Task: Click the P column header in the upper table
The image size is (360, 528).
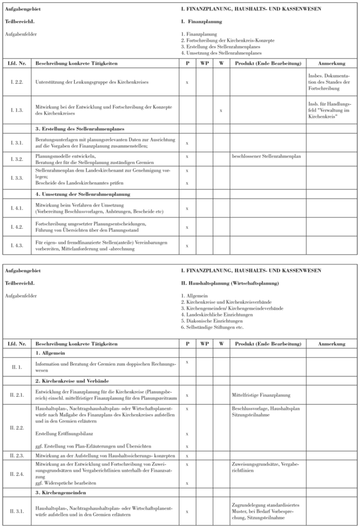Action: pyautogui.click(x=187, y=63)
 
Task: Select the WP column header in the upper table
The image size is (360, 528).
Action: pyautogui.click(x=204, y=63)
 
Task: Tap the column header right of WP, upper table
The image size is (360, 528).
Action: pyautogui.click(x=221, y=63)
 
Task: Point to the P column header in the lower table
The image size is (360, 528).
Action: pyautogui.click(x=187, y=344)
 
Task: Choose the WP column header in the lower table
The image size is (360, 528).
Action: pyautogui.click(x=204, y=344)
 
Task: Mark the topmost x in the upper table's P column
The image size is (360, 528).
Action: pyautogui.click(x=187, y=83)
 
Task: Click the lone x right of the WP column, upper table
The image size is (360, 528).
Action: pyautogui.click(x=221, y=110)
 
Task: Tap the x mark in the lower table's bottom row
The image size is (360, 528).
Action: pyautogui.click(x=187, y=512)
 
